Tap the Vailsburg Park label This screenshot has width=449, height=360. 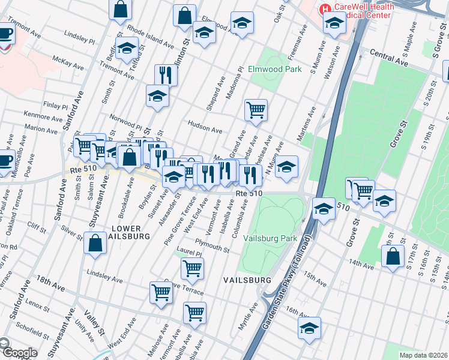tap(271, 238)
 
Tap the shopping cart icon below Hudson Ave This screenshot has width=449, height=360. tap(256, 110)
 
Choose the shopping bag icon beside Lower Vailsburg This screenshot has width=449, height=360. tap(95, 244)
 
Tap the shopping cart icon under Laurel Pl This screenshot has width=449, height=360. tap(192, 269)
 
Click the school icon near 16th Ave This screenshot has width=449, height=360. tap(309, 328)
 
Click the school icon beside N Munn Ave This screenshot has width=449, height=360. tap(287, 167)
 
